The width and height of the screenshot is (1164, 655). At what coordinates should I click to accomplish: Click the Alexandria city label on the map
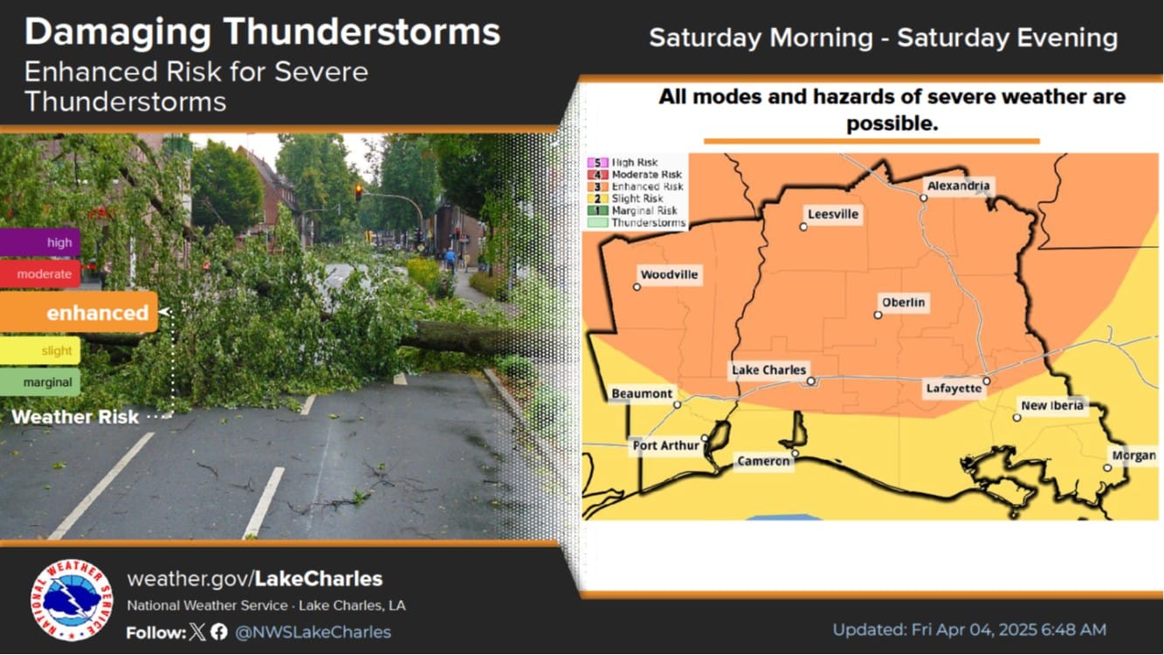(x=958, y=185)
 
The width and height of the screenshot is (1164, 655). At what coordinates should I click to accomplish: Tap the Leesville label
(x=833, y=214)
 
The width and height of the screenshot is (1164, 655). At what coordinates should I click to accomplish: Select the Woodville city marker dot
(x=637, y=287)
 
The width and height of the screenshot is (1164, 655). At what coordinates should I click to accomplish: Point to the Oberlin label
(x=904, y=302)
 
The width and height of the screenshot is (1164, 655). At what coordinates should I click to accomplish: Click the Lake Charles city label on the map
(x=768, y=369)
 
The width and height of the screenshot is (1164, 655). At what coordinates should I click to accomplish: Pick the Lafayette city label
(x=954, y=389)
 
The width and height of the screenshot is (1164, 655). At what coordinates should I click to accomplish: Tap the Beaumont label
(x=642, y=394)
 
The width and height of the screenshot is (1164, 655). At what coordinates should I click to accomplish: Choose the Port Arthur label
(x=665, y=445)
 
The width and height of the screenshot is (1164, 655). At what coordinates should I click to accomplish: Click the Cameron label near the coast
(x=763, y=461)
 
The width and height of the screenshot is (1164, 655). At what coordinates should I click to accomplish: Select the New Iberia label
(x=1052, y=405)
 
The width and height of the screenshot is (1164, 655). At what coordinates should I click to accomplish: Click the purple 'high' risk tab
(x=40, y=242)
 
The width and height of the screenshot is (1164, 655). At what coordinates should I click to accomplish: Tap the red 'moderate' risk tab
(x=40, y=274)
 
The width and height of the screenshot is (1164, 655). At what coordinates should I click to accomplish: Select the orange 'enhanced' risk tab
(x=79, y=312)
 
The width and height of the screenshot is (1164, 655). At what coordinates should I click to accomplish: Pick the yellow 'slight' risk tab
(x=40, y=350)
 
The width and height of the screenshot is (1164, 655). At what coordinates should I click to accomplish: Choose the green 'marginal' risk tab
(x=40, y=383)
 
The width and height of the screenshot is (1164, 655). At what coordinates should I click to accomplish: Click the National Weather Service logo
(x=72, y=600)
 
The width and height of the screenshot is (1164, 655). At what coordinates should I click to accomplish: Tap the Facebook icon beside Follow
(x=219, y=632)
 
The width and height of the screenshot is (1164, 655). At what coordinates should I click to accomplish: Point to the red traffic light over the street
(x=359, y=192)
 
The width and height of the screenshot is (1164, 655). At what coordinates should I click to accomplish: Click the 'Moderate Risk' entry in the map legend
(x=635, y=175)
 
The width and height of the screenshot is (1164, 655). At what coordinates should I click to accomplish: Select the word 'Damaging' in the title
(x=118, y=33)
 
